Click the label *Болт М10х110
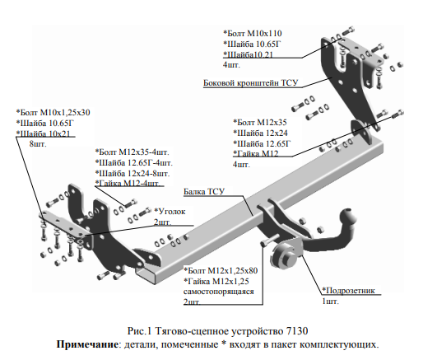click(253, 34)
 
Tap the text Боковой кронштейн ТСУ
click(250, 82)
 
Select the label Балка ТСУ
click(204, 191)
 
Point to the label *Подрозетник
click(348, 290)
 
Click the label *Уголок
click(170, 211)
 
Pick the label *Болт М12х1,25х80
click(221, 270)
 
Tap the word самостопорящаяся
click(218, 292)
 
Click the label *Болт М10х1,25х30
click(53, 112)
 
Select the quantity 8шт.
click(38, 143)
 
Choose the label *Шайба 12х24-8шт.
click(132, 173)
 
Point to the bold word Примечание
click(87, 344)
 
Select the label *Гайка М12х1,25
click(216, 281)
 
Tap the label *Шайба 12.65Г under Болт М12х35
click(262, 143)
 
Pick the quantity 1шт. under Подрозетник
click(331, 302)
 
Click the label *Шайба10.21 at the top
click(248, 54)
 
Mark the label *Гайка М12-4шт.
click(128, 183)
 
